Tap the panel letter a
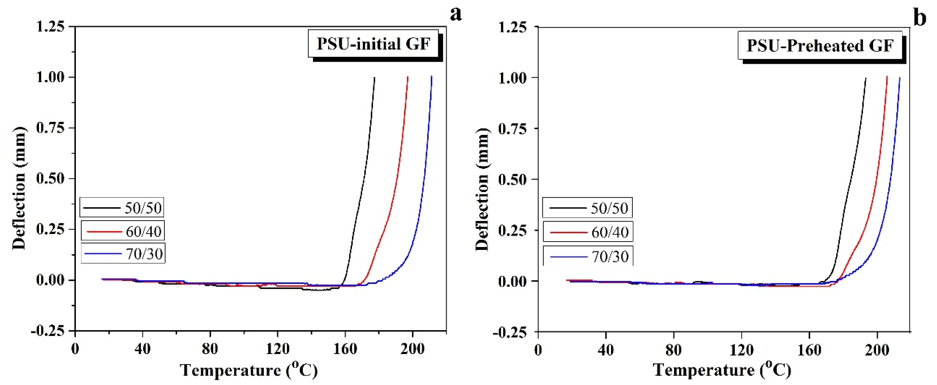pos(456,15)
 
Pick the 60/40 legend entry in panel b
pos(588,232)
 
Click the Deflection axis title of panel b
pos(482,189)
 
